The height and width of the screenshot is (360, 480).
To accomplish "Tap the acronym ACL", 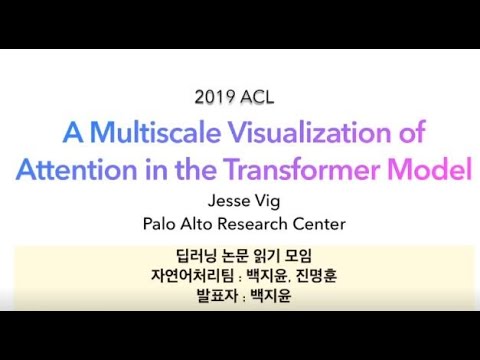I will [x=258, y=98].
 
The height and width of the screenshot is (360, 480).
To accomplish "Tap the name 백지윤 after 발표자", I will [x=269, y=296].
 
